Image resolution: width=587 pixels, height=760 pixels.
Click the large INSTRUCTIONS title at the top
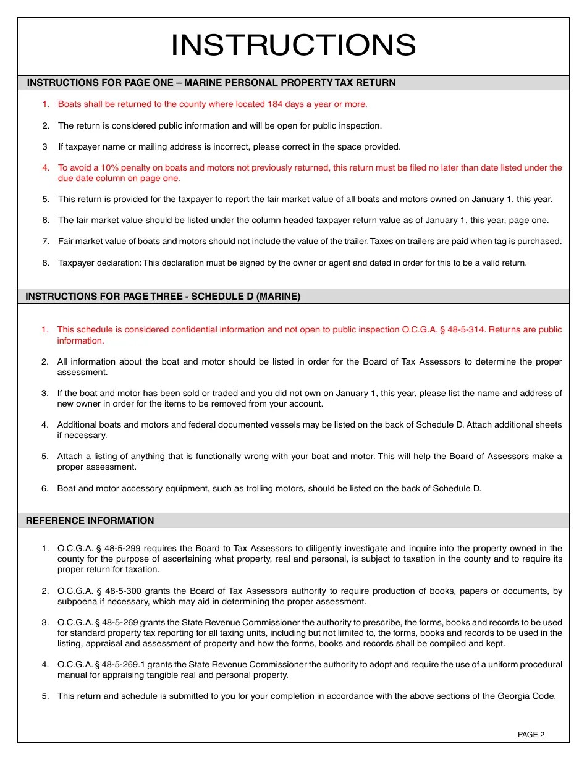tap(293, 46)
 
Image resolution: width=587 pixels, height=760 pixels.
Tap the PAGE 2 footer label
tap(531, 735)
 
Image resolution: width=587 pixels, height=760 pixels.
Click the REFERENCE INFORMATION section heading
tap(90, 521)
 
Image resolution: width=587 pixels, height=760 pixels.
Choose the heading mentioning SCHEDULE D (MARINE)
tap(163, 297)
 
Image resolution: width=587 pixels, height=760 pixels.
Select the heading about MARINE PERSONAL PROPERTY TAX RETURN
tap(211, 83)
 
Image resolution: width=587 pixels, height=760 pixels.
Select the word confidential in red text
tap(193, 330)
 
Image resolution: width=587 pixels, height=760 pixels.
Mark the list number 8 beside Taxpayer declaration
tap(46, 263)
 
